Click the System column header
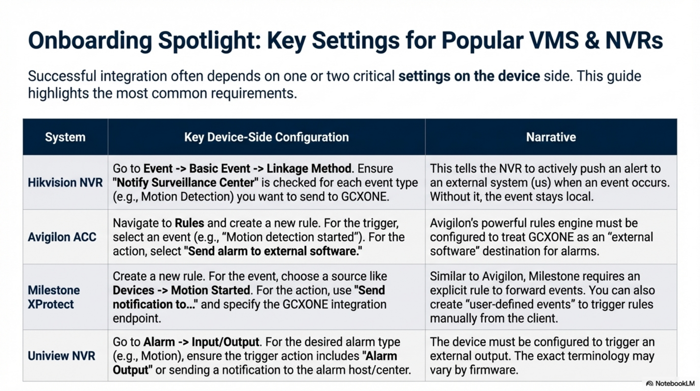[65, 137]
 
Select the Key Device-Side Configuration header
[266, 137]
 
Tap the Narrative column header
[551, 137]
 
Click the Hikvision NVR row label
[65, 183]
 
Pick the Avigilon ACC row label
[62, 237]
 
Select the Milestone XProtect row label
[54, 297]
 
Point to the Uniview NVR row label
[61, 356]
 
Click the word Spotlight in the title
[210, 41]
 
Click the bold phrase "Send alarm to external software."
[273, 251]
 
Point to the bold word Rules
[189, 223]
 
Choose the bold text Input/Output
[225, 342]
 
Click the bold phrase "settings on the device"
[469, 76]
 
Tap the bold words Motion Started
[210, 290]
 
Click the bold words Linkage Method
[309, 169]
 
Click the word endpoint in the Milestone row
[137, 318]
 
